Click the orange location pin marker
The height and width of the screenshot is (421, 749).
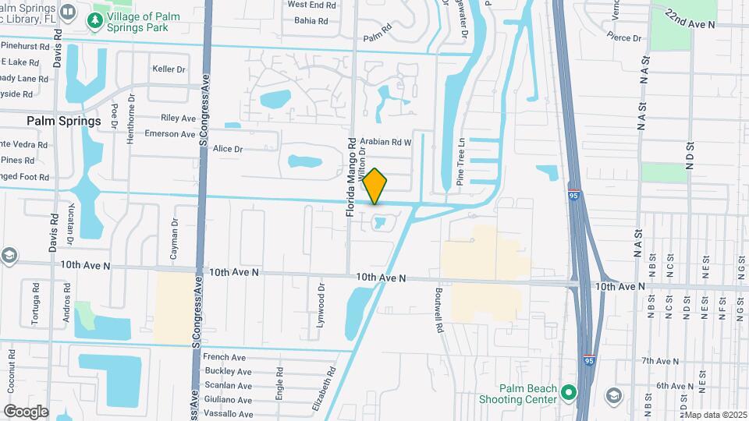tap(375, 186)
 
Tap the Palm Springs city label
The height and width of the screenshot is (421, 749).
tap(64, 121)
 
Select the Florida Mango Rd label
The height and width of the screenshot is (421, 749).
tap(352, 167)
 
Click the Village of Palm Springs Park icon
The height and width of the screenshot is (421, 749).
tap(95, 20)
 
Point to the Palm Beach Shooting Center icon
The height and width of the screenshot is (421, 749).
tap(569, 392)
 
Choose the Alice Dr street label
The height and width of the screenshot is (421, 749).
tap(228, 149)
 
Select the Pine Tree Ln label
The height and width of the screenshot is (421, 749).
tap(461, 162)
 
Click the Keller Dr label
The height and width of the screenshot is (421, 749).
tap(169, 69)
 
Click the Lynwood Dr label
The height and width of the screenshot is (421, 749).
tap(321, 305)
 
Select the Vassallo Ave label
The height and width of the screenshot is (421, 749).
tap(228, 414)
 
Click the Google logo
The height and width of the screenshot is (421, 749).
tap(26, 411)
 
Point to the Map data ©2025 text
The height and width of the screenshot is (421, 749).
tap(714, 414)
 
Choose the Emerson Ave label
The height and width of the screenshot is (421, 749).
tap(170, 134)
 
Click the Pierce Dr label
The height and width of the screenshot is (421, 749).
tap(626, 37)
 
